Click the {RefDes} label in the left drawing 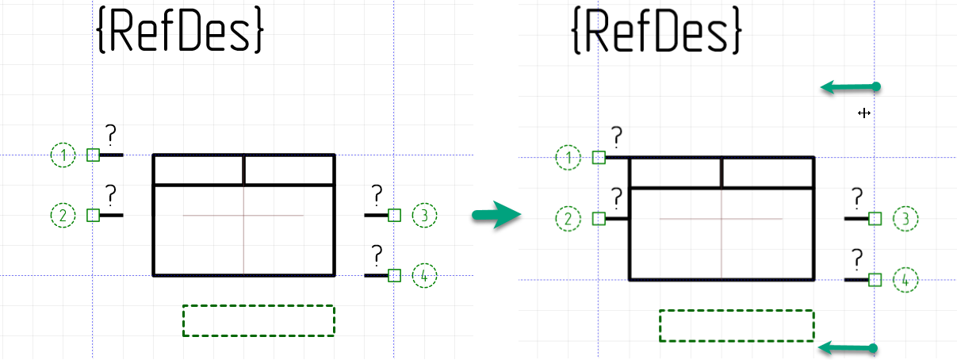point(180,32)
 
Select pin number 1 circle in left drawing point(63,155)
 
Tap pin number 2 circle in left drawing point(63,214)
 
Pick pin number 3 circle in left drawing point(425,215)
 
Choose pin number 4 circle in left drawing point(425,276)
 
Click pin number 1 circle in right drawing point(568,158)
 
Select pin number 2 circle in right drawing point(568,218)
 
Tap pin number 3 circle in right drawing point(905,218)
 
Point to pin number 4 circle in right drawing point(905,279)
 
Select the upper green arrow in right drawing point(850,86)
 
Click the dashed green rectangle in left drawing point(258,320)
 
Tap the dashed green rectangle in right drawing point(737,326)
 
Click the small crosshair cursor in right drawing point(864,113)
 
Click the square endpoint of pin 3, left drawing point(395,215)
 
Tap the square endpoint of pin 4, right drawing point(875,279)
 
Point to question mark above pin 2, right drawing point(616,197)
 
